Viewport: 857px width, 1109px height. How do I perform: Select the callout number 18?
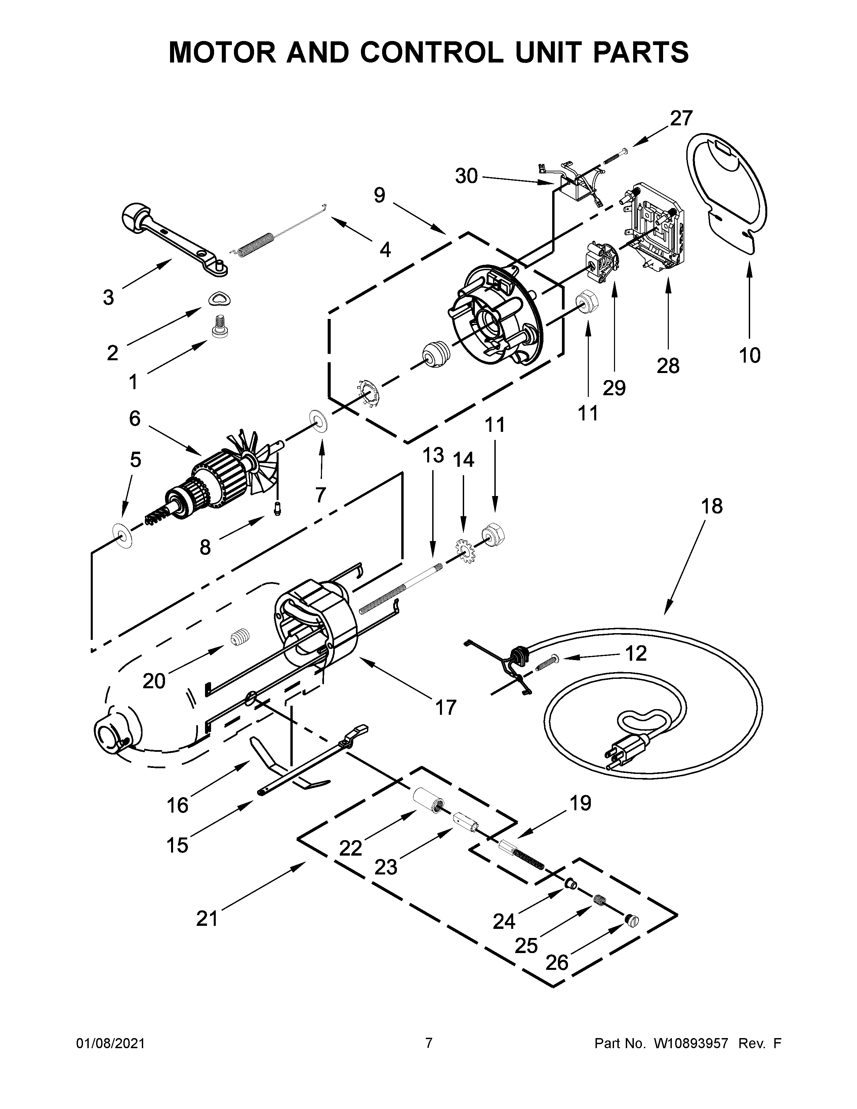(x=712, y=506)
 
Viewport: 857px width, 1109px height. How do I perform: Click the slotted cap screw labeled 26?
(x=631, y=920)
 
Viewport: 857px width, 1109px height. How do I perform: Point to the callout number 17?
(x=446, y=707)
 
